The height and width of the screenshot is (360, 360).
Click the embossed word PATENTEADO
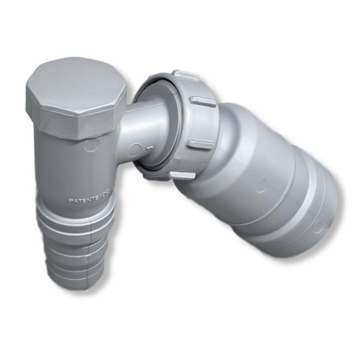pos(88,201)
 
